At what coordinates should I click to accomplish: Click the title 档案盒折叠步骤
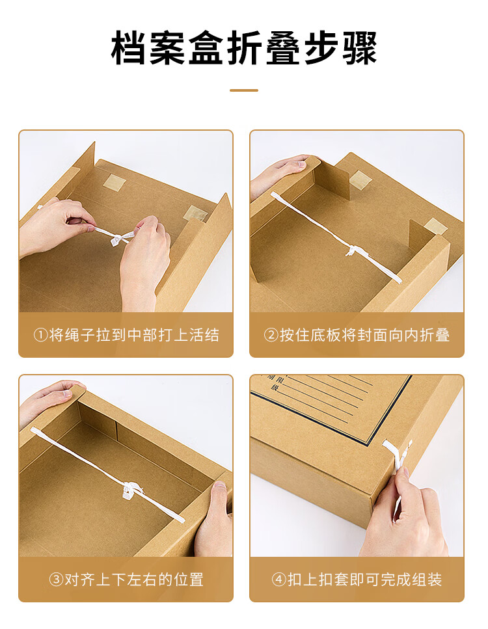pos(244,47)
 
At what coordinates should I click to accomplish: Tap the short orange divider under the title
pos(244,90)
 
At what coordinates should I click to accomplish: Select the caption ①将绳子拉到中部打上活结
pos(126,335)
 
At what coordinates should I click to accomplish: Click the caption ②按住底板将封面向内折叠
pos(357,335)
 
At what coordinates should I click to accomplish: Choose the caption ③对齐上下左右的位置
pos(126,580)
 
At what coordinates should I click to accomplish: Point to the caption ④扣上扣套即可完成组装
pos(357,580)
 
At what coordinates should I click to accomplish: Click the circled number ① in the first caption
pos(41,335)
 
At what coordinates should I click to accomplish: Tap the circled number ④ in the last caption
pos(279,580)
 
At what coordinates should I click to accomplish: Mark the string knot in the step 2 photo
pos(351,250)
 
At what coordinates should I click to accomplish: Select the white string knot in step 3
pos(131,490)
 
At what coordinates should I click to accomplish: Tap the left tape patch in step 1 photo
pos(115,182)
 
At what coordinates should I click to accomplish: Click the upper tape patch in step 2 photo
pos(360,180)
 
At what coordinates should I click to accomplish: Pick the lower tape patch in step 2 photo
pos(436,226)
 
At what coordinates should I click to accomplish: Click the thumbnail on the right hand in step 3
pos(220,485)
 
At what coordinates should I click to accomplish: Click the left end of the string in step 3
pos(33,431)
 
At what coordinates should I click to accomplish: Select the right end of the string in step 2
pos(398,280)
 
